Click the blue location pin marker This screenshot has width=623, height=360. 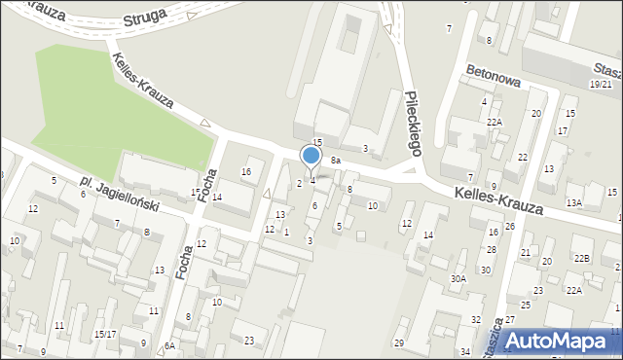[311, 156]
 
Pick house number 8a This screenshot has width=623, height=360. [335, 160]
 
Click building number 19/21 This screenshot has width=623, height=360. [601, 86]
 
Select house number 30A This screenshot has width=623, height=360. [458, 278]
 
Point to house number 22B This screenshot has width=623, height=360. [582, 258]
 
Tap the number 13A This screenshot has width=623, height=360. [574, 203]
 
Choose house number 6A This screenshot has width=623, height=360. [169, 346]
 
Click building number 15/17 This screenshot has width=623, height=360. [105, 334]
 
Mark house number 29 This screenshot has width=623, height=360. [398, 343]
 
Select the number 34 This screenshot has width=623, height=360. [465, 351]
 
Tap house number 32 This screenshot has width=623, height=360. [476, 320]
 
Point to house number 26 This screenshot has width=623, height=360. [510, 227]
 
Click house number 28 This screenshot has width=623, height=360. [492, 250]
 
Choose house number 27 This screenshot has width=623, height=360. [509, 320]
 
